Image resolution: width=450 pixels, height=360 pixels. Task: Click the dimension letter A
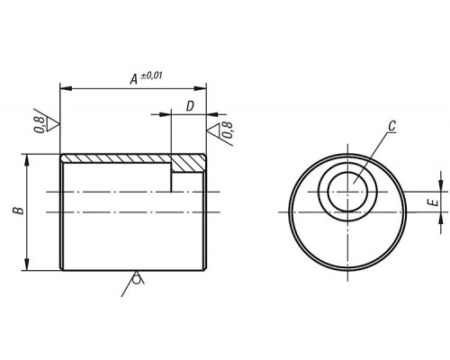point(134,79)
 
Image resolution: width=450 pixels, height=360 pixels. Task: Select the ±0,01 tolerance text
point(151,76)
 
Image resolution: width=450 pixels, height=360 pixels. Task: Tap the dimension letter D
point(190,106)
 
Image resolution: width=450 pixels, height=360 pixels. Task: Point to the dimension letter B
point(19,211)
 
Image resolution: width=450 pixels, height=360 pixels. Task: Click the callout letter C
point(392,126)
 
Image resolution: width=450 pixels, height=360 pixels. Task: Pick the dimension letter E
point(434,203)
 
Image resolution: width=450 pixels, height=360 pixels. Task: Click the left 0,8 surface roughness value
point(40,125)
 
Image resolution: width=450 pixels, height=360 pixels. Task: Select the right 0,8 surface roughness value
point(228,130)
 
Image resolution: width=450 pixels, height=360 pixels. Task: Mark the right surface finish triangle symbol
point(213,129)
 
